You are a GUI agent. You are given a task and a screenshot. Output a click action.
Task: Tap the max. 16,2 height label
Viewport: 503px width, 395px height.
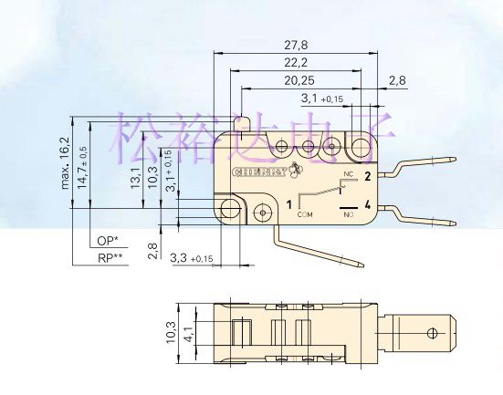pyautogui.click(x=66, y=161)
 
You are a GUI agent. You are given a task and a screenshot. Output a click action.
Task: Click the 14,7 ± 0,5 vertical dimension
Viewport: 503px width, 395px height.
pyautogui.click(x=83, y=165)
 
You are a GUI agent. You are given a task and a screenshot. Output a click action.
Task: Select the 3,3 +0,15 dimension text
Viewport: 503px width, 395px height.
pyautogui.click(x=192, y=260)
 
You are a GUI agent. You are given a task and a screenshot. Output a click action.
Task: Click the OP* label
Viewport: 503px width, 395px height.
pyautogui.click(x=108, y=241)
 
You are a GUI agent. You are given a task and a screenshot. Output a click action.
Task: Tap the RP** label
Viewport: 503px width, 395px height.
pyautogui.click(x=110, y=258)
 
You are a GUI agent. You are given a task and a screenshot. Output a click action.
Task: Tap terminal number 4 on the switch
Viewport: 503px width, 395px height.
pyautogui.click(x=367, y=205)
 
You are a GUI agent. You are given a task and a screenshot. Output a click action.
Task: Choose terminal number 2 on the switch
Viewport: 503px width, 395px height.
pyautogui.click(x=367, y=175)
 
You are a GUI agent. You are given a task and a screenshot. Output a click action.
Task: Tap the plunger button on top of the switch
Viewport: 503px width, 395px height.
pyautogui.click(x=247, y=123)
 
